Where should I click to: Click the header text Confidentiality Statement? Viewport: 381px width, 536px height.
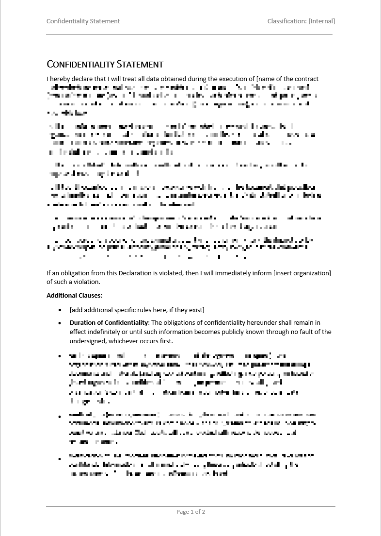pyautogui.click(x=83, y=21)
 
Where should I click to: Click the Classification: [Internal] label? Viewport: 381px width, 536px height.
pyautogui.click(x=301, y=21)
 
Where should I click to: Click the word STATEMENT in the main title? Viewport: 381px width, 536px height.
pyautogui.click(x=139, y=64)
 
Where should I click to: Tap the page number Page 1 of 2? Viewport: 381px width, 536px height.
pyautogui.click(x=190, y=512)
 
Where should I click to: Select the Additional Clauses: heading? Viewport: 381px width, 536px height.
pyautogui.click(x=74, y=295)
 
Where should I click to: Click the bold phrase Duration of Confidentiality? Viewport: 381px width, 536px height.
pyautogui.click(x=109, y=322)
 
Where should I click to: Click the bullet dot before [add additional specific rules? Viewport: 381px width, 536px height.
pyautogui.click(x=60, y=310)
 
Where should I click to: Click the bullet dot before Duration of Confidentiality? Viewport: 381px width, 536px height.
pyautogui.click(x=60, y=322)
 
